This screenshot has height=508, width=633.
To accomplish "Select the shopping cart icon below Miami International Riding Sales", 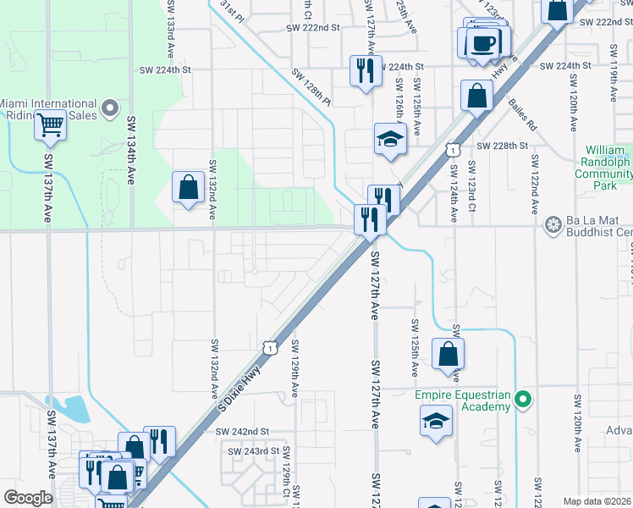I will [x=51, y=126].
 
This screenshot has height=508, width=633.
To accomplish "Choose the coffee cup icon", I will [x=485, y=43].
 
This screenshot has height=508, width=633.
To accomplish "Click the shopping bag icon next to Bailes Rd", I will [x=477, y=96].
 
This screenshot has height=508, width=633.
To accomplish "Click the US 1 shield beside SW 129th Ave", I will [x=269, y=347].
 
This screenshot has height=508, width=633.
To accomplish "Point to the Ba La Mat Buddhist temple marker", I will [x=554, y=225].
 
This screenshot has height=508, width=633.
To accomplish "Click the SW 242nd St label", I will [x=241, y=432].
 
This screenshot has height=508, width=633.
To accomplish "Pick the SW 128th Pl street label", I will [x=311, y=86].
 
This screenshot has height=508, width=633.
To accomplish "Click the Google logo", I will [x=28, y=497].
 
